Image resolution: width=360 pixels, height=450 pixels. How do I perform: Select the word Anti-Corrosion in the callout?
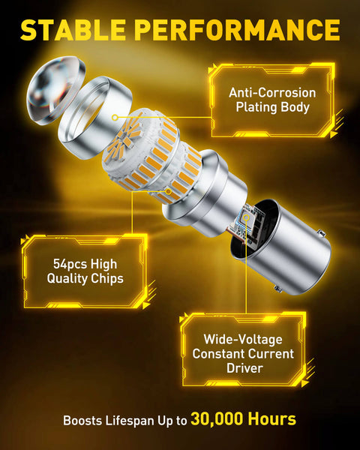(272, 92)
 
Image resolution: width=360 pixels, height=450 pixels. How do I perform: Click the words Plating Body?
(272, 107)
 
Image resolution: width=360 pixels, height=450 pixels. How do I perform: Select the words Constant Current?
(244, 353)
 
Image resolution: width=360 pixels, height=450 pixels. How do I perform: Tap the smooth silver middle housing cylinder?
(199, 194)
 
